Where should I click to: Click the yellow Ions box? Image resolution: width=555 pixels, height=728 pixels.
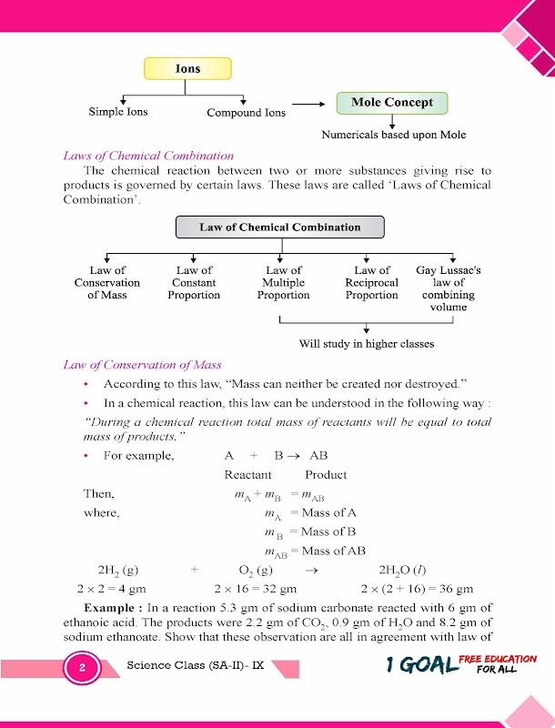[x=187, y=68]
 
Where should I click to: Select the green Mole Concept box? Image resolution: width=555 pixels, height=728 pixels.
[x=392, y=103]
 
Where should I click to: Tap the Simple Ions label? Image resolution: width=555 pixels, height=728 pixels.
[x=118, y=112]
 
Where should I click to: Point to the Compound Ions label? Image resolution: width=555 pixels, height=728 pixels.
[x=246, y=113]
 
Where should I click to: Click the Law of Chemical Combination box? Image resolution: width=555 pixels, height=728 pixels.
[x=280, y=227]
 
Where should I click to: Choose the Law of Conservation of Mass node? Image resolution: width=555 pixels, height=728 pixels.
[x=107, y=282]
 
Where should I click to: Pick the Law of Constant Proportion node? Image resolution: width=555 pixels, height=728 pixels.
[x=194, y=282]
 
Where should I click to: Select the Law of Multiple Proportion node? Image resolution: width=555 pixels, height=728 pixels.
[x=283, y=282]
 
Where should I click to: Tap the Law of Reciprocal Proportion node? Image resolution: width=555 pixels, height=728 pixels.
[x=371, y=282]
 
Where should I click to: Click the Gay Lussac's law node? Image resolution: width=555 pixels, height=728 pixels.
[x=448, y=288]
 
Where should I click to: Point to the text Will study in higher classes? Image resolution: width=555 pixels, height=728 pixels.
[x=367, y=344]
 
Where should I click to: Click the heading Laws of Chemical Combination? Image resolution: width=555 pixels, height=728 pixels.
[x=148, y=156]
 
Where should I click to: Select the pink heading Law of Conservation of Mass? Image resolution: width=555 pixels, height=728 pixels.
[x=142, y=365]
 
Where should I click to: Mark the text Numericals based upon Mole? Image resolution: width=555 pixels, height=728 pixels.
[x=393, y=135]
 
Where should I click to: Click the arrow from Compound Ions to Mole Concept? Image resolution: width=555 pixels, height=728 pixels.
[x=308, y=104]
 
